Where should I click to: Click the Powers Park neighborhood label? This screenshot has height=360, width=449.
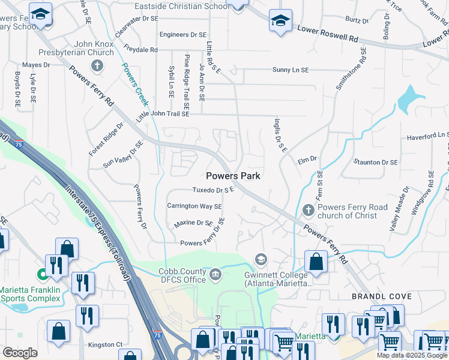(234, 176)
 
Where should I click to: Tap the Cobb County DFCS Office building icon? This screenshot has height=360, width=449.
(215, 275)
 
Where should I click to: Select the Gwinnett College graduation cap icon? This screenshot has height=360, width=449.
(261, 259)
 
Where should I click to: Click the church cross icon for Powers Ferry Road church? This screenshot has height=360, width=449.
(308, 210)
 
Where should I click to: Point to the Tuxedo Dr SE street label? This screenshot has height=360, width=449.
(212, 190)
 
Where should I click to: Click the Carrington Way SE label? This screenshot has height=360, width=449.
(194, 206)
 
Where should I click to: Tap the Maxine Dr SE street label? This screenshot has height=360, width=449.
(193, 223)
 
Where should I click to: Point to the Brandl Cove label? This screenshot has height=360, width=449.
(386, 296)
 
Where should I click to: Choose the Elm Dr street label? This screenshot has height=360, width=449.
(307, 160)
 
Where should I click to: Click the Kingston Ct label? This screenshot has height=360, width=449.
(105, 344)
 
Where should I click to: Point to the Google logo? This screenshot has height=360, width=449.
(20, 353)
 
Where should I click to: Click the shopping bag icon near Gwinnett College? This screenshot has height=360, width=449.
(316, 262)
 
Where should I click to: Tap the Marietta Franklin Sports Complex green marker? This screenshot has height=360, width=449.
(43, 275)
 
